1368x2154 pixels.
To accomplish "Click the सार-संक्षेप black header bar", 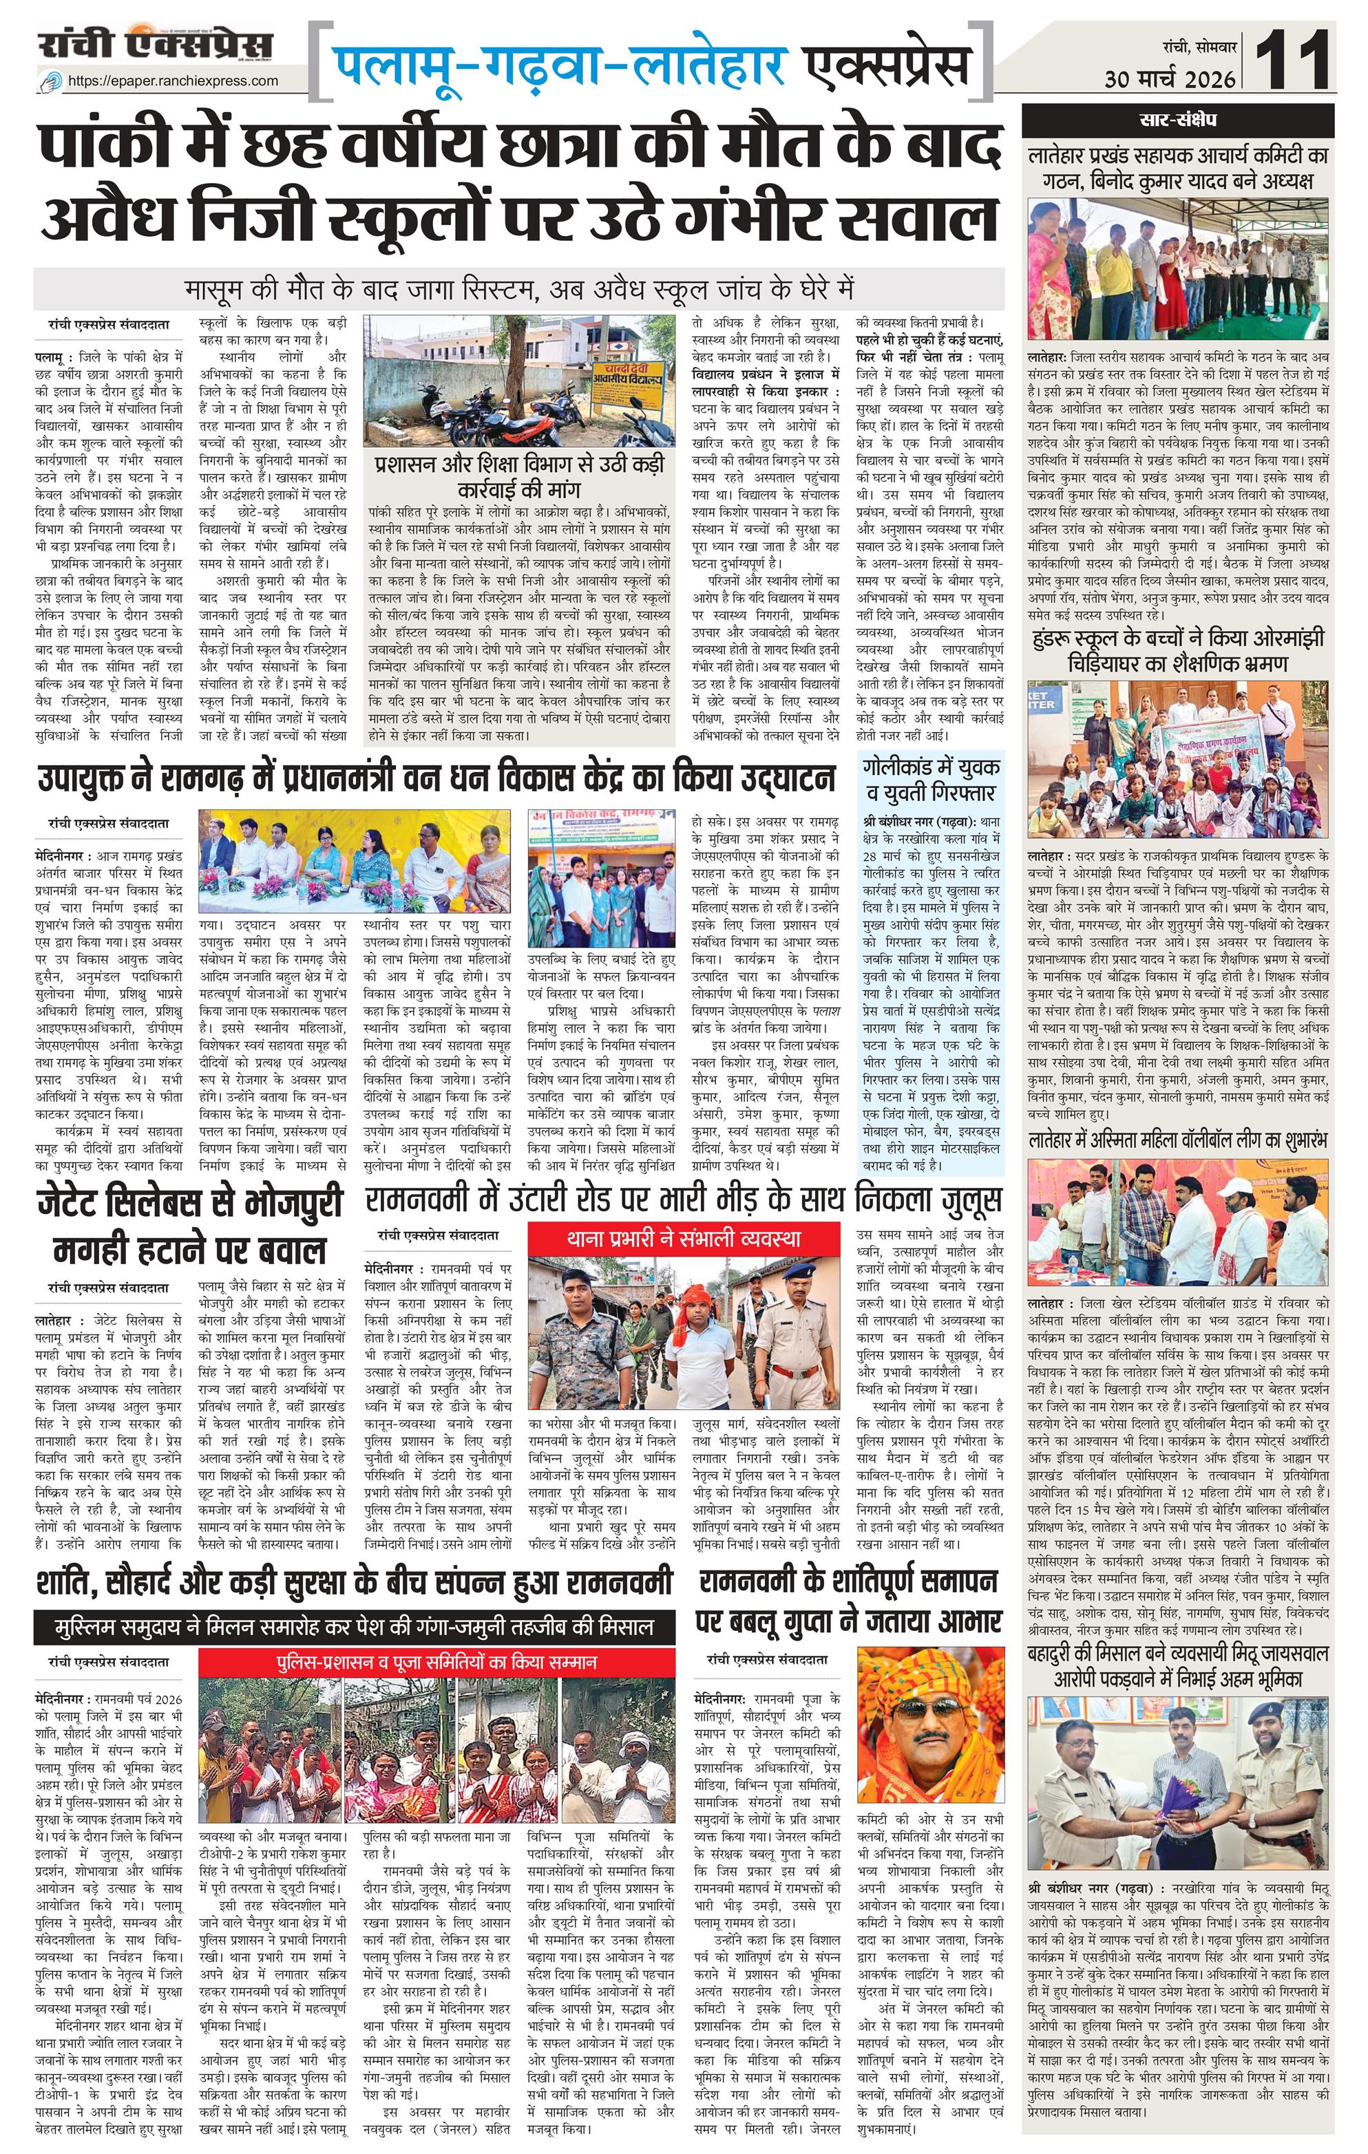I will (1177, 119).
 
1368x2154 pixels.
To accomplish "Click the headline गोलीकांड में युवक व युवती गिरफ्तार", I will (932, 779).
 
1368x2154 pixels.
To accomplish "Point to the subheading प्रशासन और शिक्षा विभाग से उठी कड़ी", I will (519, 476).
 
